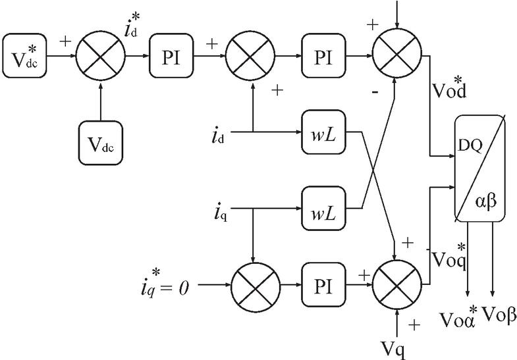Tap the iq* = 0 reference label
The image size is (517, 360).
click(159, 286)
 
